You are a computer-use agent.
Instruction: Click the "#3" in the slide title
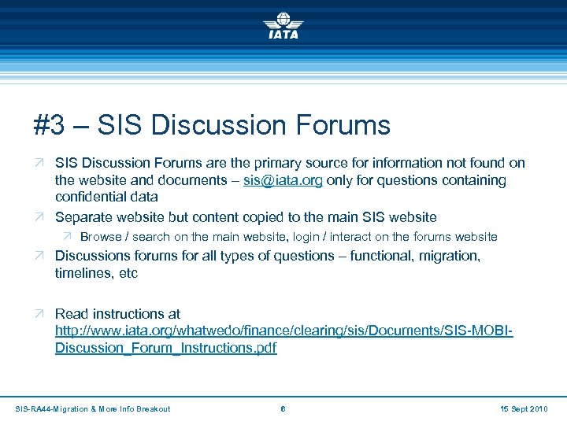coord(50,125)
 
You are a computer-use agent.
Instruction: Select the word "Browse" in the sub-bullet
coord(101,237)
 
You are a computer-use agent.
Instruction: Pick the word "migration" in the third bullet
coord(450,256)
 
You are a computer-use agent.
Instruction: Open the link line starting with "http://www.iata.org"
coord(284,331)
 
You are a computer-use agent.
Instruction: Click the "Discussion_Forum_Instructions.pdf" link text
coord(165,348)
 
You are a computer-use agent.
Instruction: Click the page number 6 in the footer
coord(283,408)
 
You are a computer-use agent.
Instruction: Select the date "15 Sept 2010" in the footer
coord(524,408)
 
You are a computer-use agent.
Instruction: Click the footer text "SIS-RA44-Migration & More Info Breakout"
coord(93,408)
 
